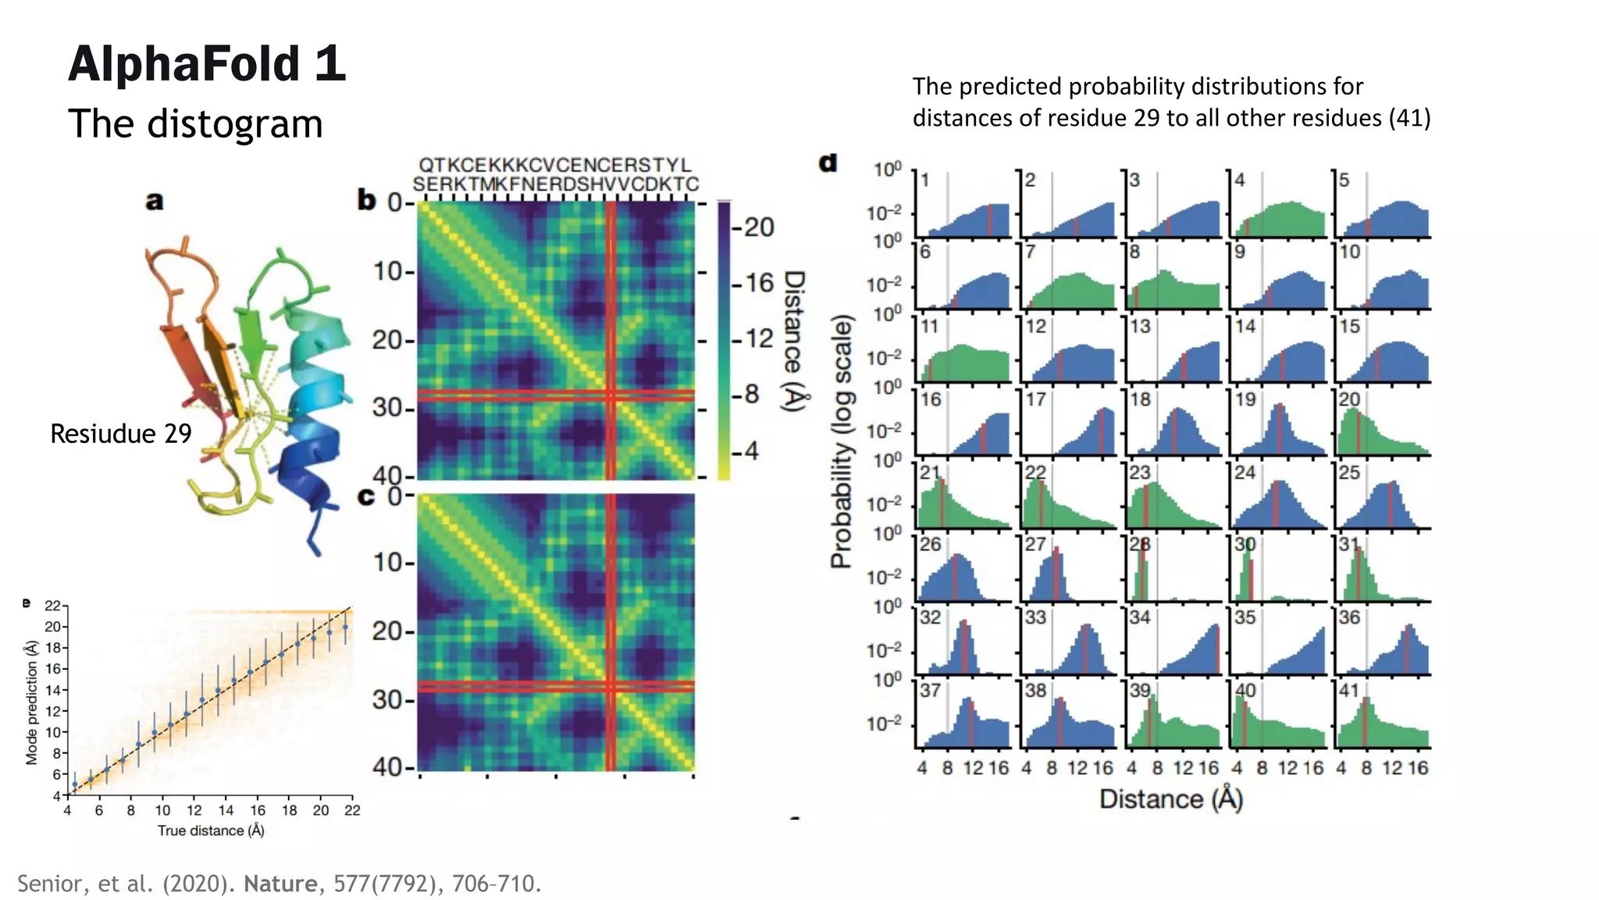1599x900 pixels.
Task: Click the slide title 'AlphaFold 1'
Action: pos(207,64)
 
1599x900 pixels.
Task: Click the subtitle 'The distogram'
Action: pos(195,123)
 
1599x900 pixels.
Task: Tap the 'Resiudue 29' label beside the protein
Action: pos(121,434)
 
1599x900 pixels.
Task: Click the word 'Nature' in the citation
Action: pos(280,884)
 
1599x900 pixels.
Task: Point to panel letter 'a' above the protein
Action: pos(155,202)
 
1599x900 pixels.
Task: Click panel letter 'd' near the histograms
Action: pos(828,162)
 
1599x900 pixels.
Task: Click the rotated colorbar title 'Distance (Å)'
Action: pos(794,341)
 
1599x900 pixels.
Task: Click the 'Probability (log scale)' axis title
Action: pos(841,441)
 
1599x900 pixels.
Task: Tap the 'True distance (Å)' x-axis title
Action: pos(211,830)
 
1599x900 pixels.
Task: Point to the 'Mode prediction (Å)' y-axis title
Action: pos(31,702)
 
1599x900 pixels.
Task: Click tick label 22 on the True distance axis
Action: pos(352,810)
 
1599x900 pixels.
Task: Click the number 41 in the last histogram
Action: pos(1349,691)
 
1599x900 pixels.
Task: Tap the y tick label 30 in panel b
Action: pos(388,408)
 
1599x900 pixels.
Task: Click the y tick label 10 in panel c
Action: pos(388,562)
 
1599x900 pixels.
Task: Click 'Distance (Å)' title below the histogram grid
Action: pos(1171,799)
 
